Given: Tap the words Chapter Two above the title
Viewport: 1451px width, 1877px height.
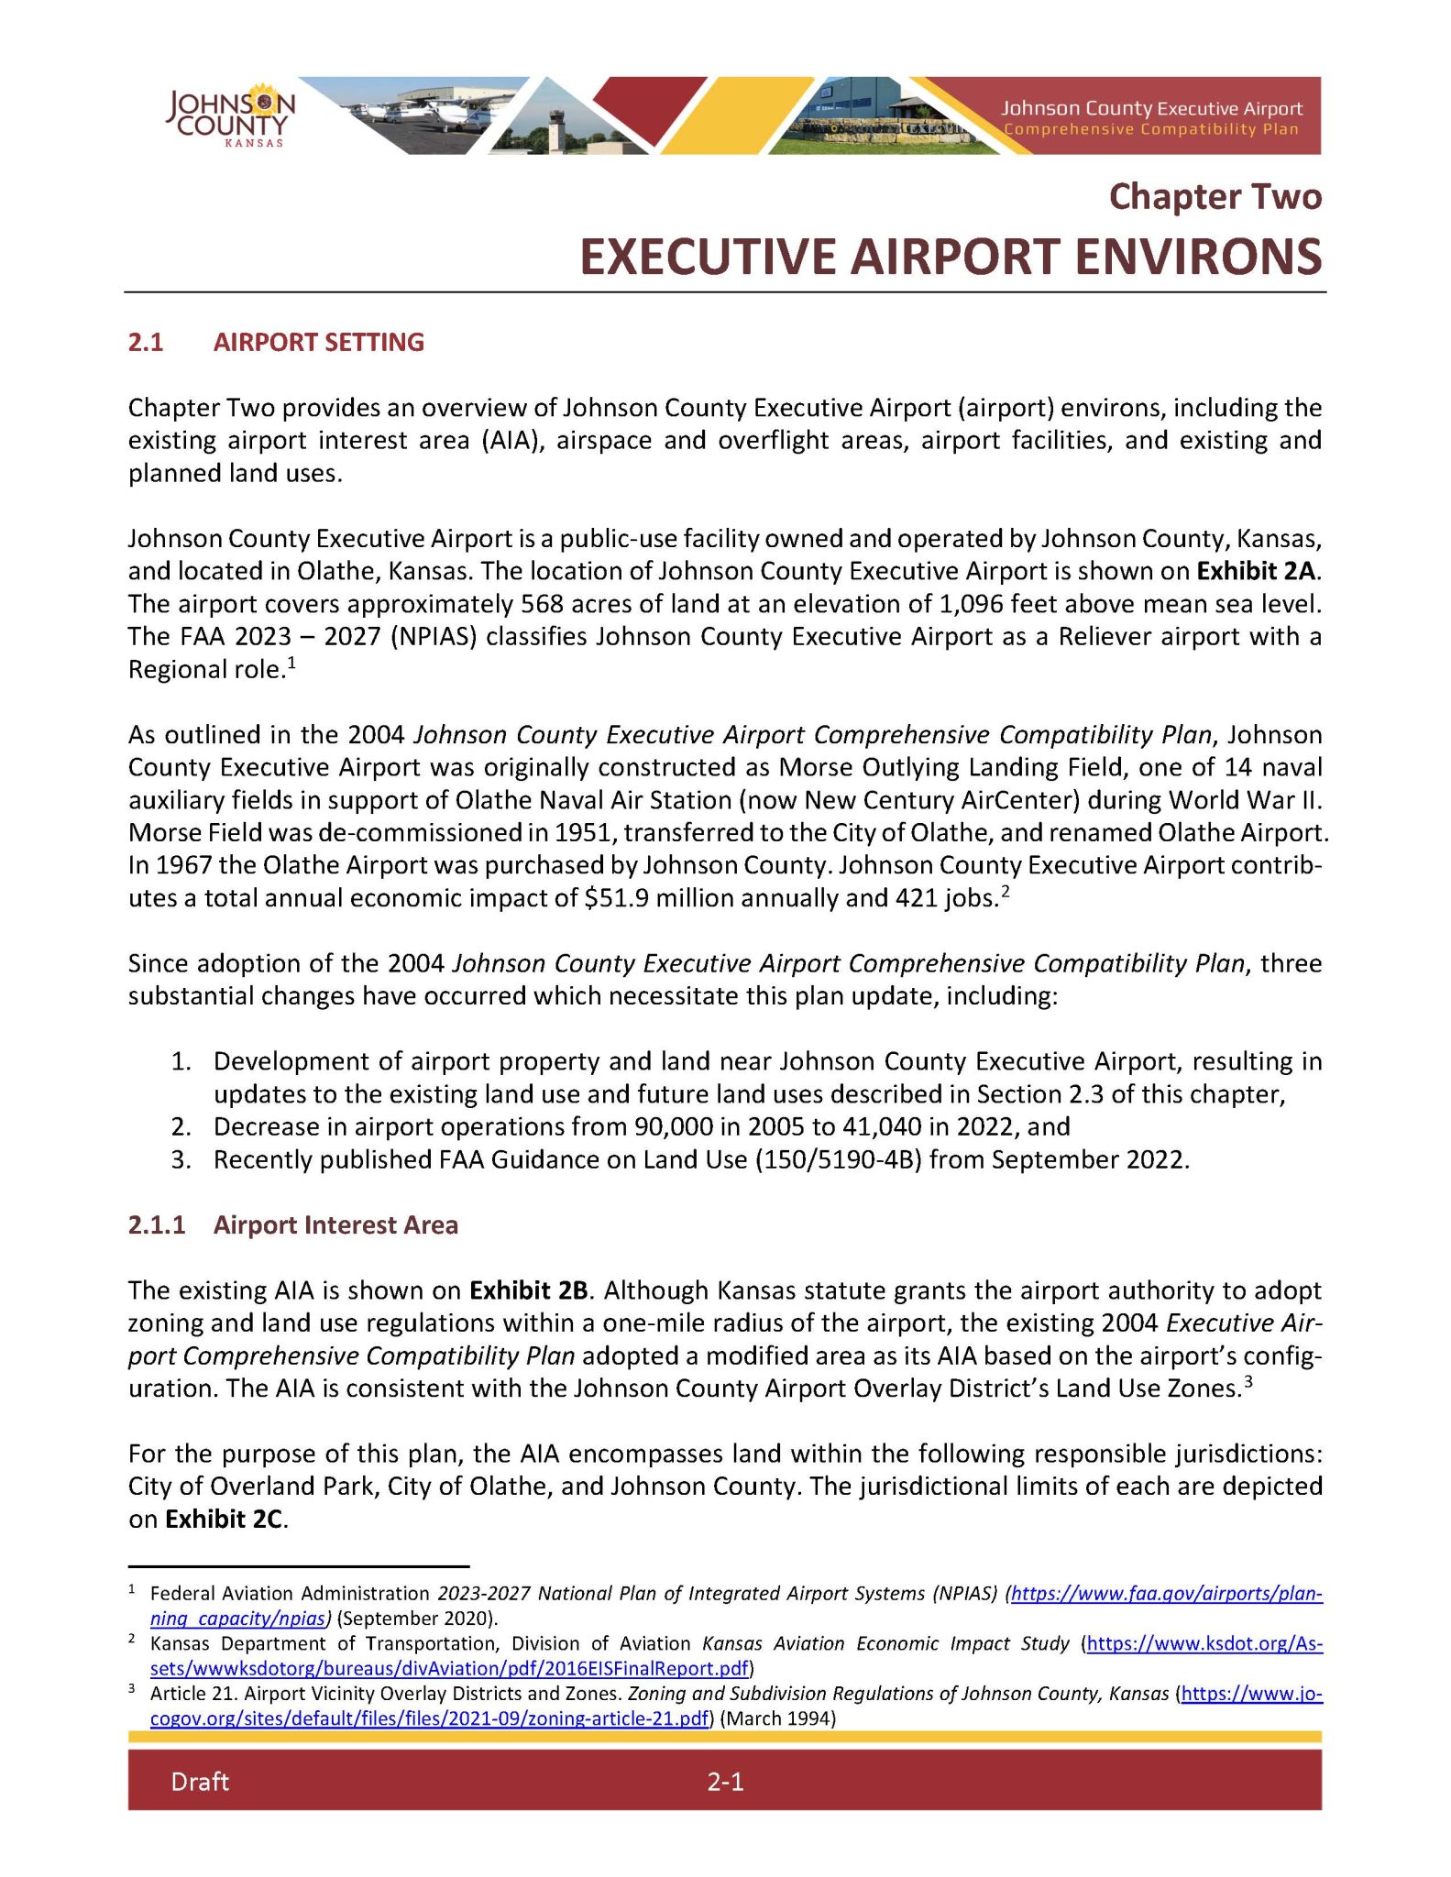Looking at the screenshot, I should tap(1215, 197).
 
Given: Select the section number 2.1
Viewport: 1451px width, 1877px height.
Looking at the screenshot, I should tap(146, 343).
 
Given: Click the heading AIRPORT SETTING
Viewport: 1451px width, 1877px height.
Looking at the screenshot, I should tap(318, 343).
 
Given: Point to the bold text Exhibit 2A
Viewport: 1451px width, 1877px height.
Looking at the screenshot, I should tap(1256, 571).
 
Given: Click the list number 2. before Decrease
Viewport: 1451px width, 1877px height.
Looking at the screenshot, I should tap(181, 1126).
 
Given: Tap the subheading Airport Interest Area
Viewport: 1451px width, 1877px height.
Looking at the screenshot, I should tap(335, 1225).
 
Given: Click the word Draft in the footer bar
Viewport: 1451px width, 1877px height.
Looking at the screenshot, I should tap(199, 1782).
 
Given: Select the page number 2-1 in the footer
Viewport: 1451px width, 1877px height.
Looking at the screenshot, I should tap(724, 1782).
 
